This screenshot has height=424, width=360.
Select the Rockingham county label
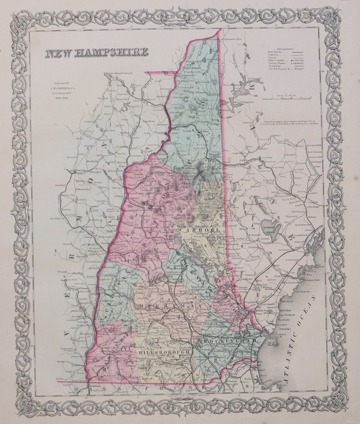point(229,340)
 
